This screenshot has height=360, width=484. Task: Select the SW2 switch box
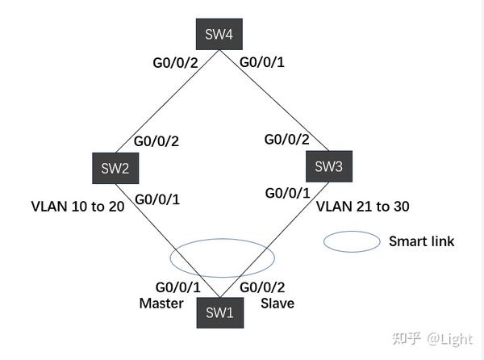(x=114, y=169)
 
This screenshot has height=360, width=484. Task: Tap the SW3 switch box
(x=328, y=166)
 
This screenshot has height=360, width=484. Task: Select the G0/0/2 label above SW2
(x=156, y=141)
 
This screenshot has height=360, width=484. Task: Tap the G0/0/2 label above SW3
(x=287, y=139)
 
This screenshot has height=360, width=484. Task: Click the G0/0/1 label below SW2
(x=158, y=199)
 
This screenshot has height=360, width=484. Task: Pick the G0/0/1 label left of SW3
(x=288, y=193)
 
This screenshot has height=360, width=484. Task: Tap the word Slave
(x=277, y=303)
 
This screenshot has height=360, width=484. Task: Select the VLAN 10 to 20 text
(x=78, y=206)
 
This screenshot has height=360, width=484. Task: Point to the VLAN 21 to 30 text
(x=362, y=206)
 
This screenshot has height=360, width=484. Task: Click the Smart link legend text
(x=421, y=241)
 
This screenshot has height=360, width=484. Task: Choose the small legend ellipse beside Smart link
(x=352, y=241)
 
